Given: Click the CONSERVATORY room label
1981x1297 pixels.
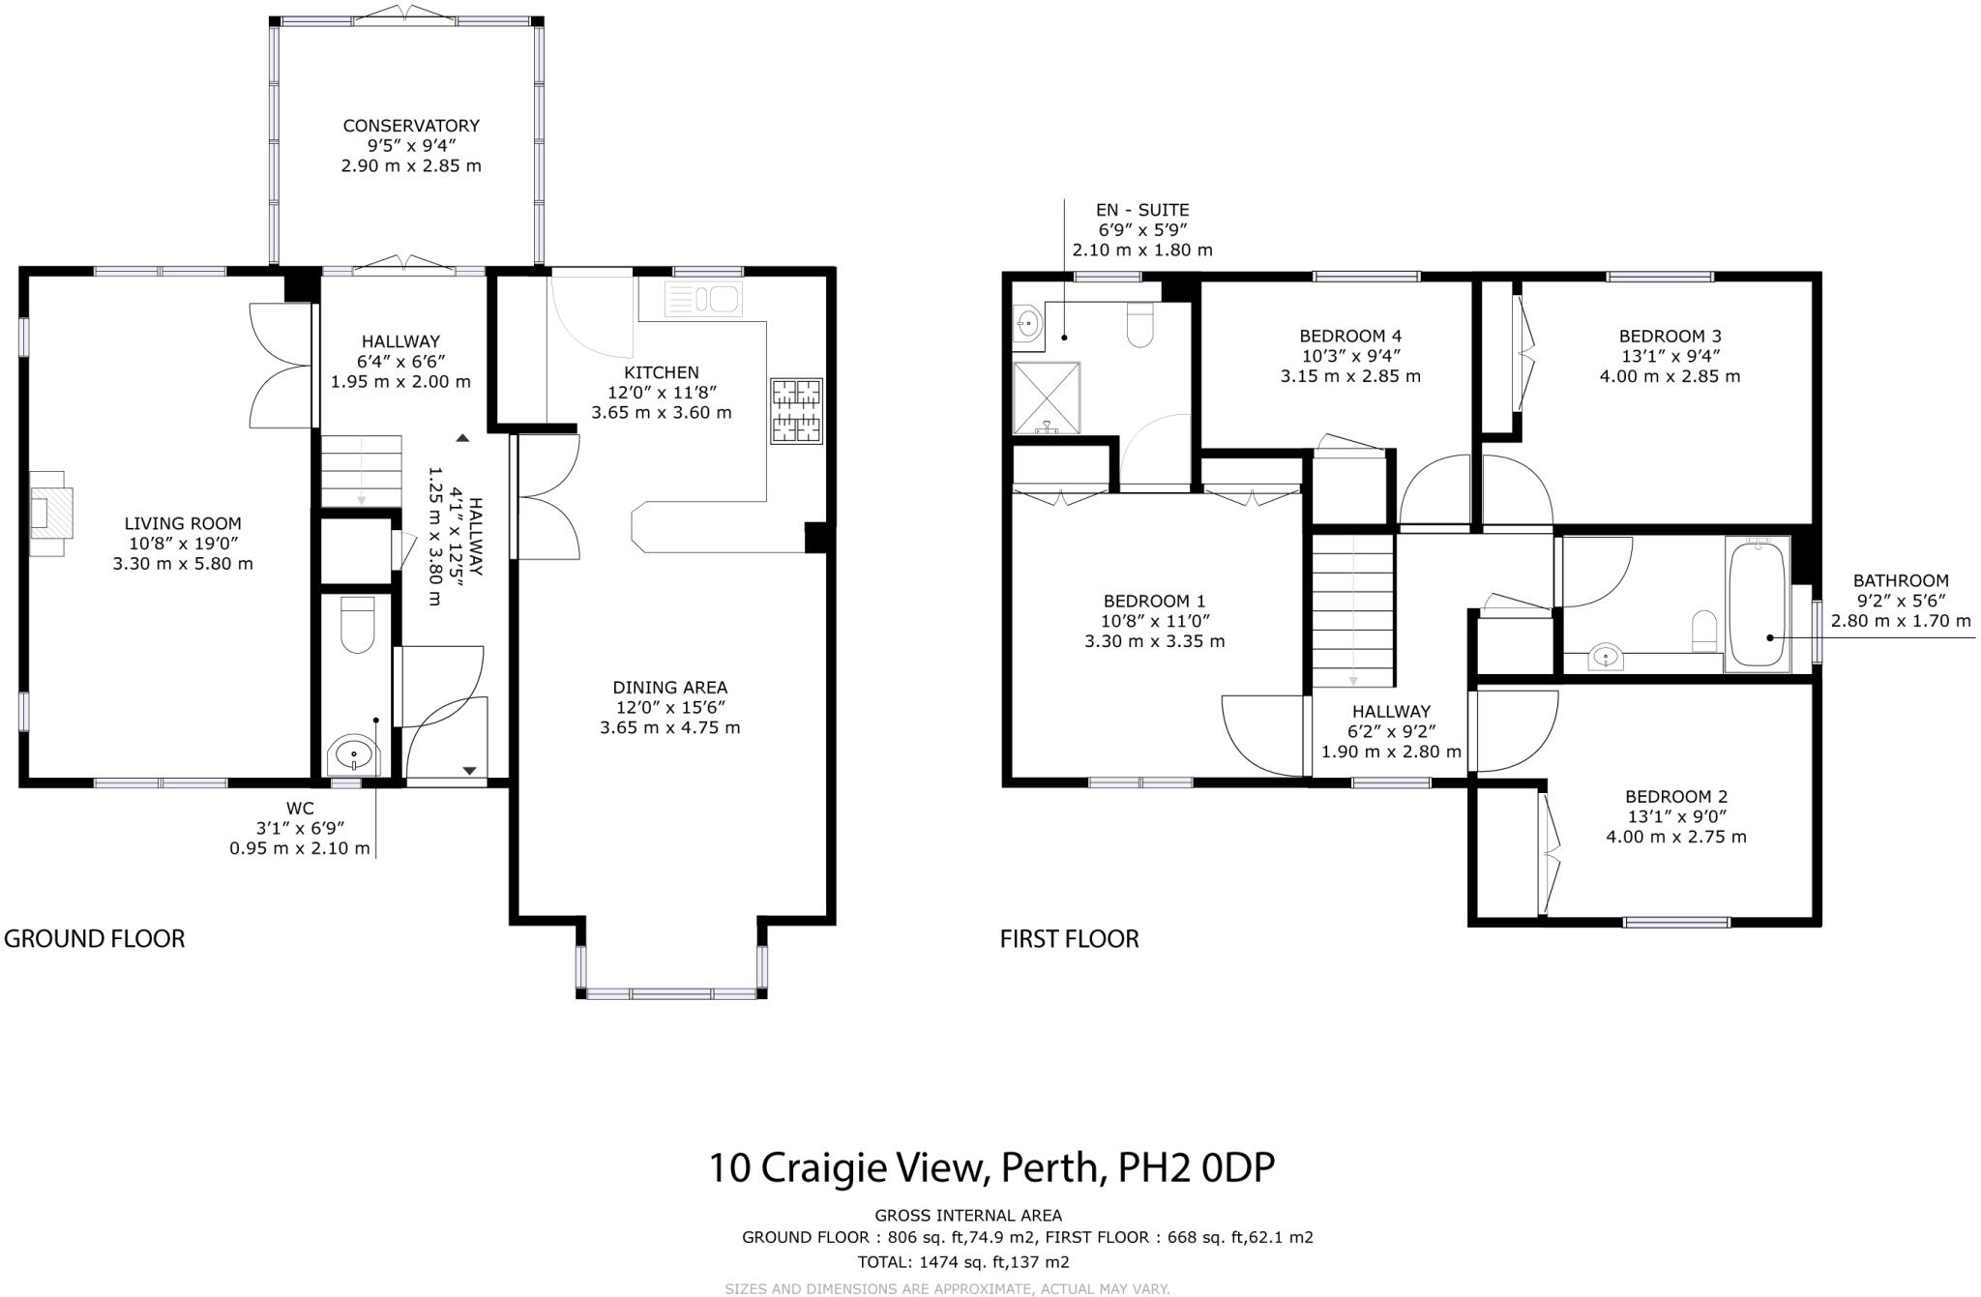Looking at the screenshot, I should pos(411,126).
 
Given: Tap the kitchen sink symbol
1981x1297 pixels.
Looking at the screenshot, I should pos(703,299).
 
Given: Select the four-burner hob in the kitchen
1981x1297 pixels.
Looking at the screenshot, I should pos(796,411).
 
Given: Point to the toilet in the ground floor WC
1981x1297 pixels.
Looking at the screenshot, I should pos(357,624).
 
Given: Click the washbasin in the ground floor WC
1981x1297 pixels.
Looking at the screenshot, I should pos(354,754).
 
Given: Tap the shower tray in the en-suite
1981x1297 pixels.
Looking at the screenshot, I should pos(1046,398).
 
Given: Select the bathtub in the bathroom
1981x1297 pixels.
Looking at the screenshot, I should pos(1758,604).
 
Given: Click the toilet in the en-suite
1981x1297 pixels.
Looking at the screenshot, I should pos(1140,325).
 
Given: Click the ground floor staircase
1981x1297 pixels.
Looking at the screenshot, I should pos(361,470).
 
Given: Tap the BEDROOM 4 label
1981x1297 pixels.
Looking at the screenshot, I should pos(1350,337).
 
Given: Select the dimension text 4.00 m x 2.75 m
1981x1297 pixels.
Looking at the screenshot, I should pos(1676,837).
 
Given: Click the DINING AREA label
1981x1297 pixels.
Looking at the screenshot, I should pos(669,688).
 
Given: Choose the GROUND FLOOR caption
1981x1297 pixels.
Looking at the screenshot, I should pos(95,938).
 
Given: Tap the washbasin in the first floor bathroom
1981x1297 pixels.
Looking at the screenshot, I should pos(1606,658).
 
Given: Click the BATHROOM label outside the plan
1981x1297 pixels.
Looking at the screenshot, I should pos(1900,580).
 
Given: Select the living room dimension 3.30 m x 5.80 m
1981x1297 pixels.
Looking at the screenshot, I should pos(183,564).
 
